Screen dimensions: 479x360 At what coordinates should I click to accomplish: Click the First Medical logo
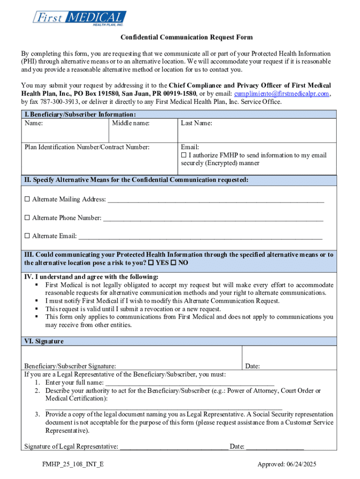tap(79, 18)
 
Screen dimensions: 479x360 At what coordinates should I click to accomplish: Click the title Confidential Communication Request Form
tap(180, 37)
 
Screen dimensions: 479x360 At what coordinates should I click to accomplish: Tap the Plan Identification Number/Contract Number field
tap(100, 159)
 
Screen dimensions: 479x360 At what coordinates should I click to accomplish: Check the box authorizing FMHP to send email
tap(184, 155)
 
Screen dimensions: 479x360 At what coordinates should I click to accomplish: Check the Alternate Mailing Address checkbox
tap(27, 199)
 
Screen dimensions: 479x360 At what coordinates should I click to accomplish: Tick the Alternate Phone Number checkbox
tap(27, 218)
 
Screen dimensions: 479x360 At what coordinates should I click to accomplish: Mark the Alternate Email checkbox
tap(27, 236)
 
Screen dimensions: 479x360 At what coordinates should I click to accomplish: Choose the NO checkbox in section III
tap(174, 263)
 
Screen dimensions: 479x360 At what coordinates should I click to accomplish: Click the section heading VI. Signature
tap(44, 341)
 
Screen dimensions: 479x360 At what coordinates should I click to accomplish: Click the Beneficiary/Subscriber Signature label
tap(70, 367)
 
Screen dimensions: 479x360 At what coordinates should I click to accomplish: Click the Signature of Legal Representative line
tap(174, 446)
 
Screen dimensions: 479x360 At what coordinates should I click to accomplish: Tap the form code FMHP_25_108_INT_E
tap(72, 464)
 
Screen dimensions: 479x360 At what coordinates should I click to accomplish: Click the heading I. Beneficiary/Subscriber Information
tap(80, 115)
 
